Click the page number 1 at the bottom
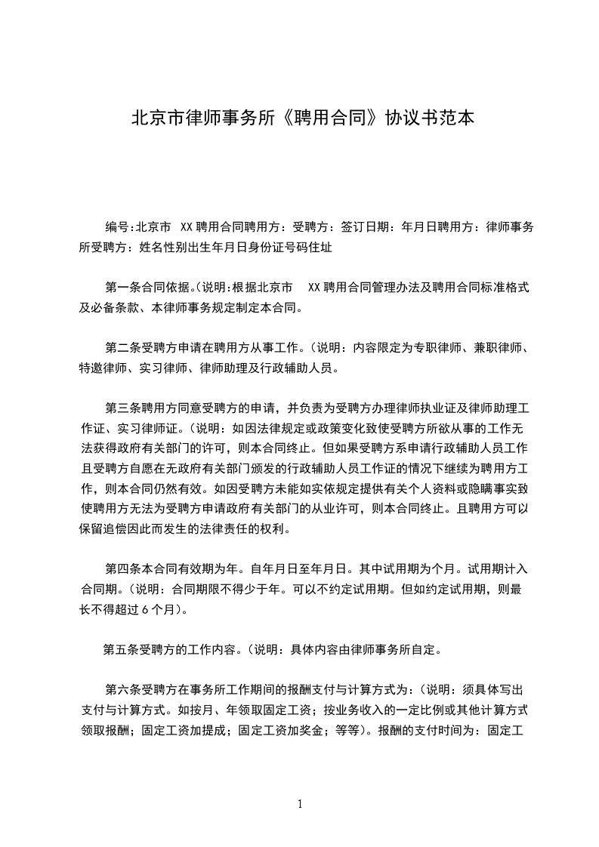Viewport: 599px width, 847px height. point(300,804)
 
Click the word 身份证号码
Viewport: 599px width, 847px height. point(281,247)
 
